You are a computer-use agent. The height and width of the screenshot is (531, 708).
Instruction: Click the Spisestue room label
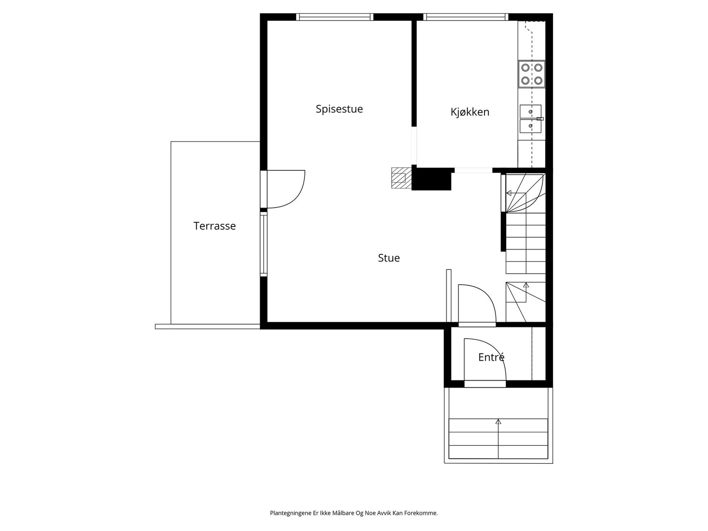(339, 109)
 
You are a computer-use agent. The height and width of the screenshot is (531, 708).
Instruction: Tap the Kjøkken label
(469, 112)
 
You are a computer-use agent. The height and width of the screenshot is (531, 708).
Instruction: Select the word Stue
(389, 258)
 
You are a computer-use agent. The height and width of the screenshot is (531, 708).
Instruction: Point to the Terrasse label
(214, 226)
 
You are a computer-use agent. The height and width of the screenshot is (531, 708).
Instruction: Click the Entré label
(491, 357)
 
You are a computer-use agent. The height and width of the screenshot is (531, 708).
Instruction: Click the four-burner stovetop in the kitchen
(531, 74)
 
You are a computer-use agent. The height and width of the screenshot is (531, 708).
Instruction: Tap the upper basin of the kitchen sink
(530, 112)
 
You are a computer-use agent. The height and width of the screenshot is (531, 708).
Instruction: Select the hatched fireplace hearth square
(400, 178)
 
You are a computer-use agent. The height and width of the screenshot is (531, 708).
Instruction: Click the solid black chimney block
(431, 180)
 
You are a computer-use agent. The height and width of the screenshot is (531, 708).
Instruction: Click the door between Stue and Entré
(476, 304)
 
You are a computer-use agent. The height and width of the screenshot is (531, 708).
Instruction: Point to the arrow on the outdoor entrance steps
(498, 422)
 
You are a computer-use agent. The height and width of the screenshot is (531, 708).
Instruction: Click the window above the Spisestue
(335, 17)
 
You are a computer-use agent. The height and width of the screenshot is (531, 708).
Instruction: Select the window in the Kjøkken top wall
(464, 17)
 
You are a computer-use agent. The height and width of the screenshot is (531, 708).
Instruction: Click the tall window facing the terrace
(264, 244)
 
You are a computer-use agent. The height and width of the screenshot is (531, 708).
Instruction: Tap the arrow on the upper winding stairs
(509, 193)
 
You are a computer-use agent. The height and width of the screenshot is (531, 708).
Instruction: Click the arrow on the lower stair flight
(526, 285)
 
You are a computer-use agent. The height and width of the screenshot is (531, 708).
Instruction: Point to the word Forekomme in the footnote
(423, 513)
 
